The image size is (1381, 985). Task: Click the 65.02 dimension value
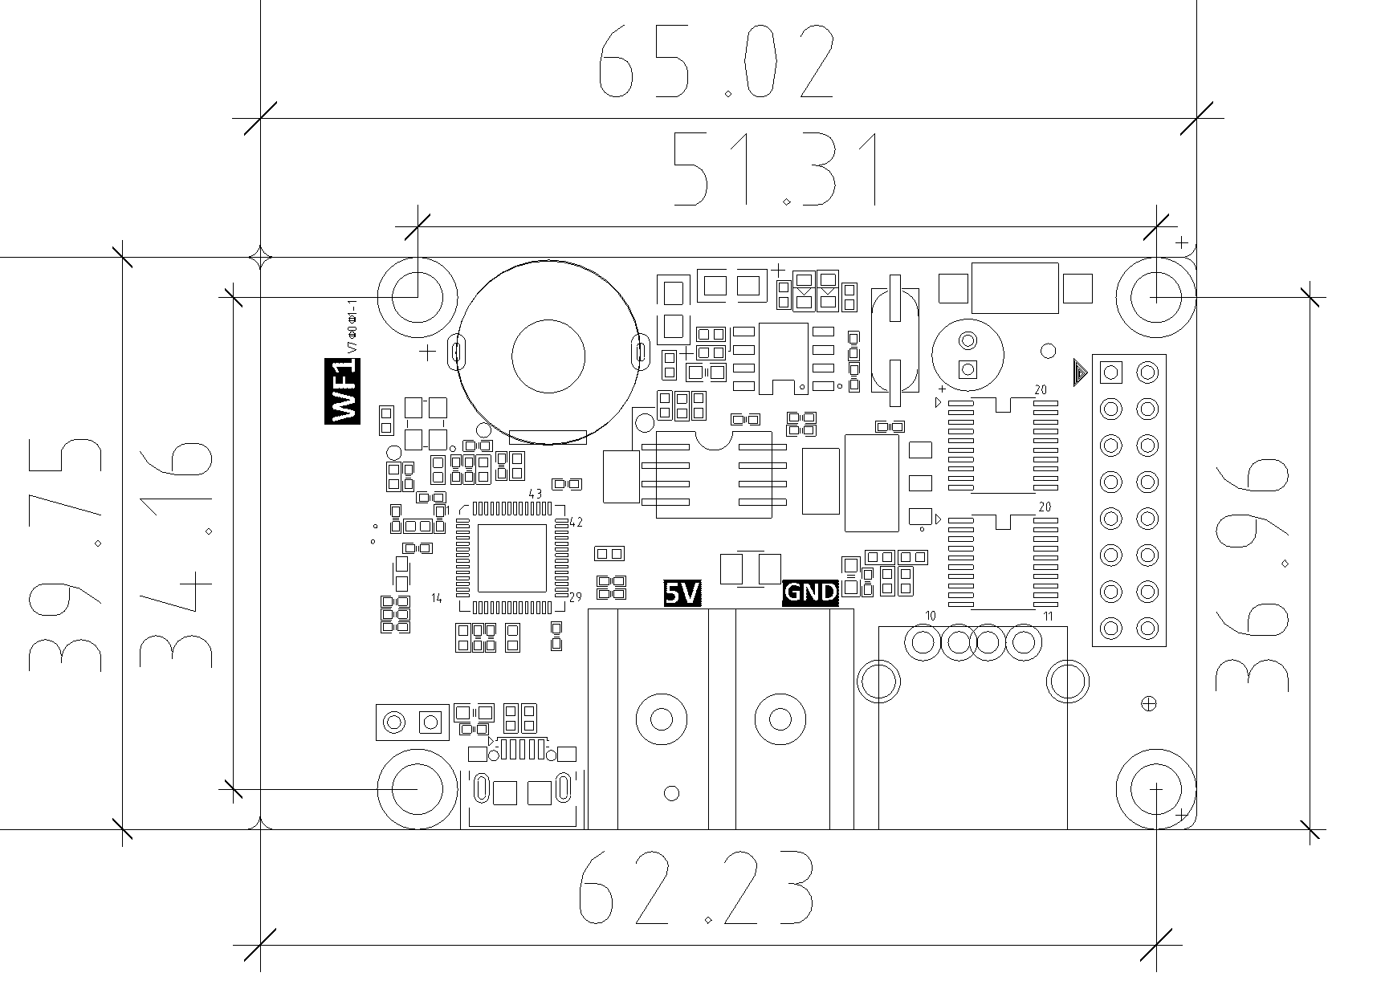pos(717,62)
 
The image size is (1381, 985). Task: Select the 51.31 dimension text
pos(775,169)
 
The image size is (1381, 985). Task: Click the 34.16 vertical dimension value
pos(176,554)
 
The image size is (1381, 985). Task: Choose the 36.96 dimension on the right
pos(1253,574)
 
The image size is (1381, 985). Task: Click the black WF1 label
pos(343,391)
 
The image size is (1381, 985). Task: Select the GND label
pos(810,593)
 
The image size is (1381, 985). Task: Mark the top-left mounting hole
pos(418,296)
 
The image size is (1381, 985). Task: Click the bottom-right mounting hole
pos(1156,789)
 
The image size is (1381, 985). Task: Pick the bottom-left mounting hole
pos(418,789)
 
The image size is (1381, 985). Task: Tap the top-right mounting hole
pos(1156,296)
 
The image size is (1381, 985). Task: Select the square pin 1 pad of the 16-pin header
pos(1111,372)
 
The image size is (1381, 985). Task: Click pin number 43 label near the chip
pos(536,493)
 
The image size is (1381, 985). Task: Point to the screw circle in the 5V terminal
pos(661,718)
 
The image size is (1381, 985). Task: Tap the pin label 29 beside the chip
pos(575,597)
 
